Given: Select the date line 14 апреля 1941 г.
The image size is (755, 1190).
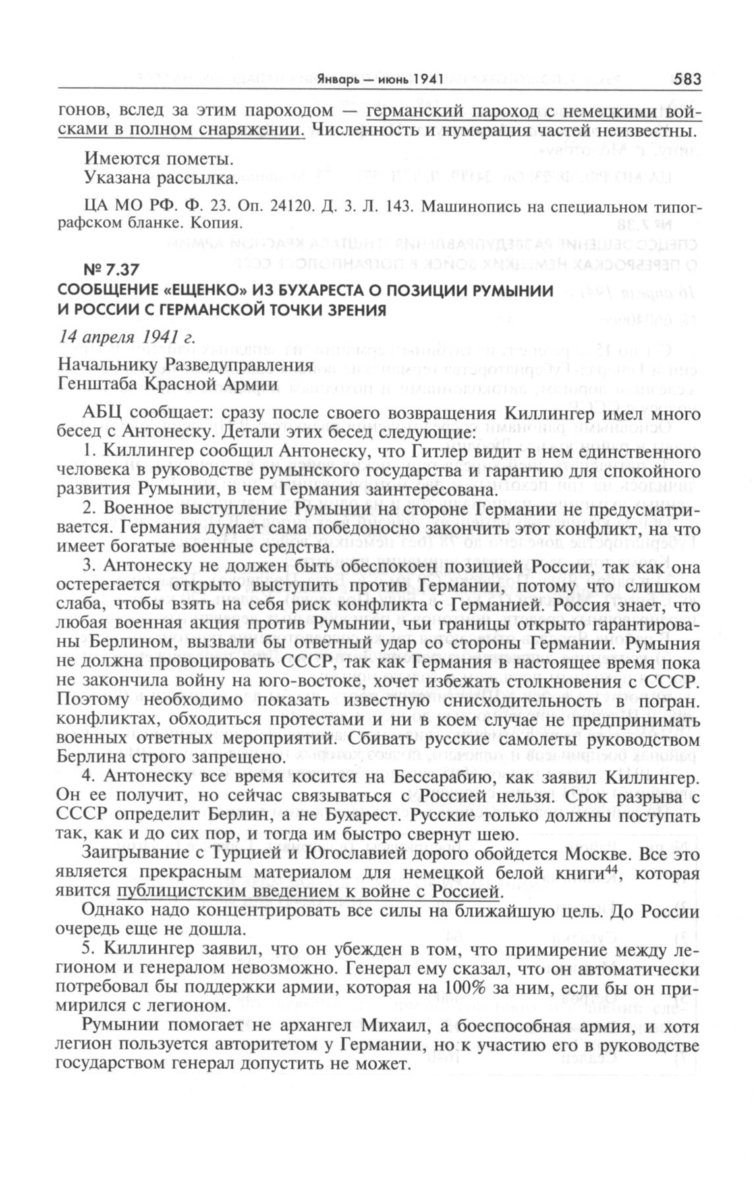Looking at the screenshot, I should coord(127,338).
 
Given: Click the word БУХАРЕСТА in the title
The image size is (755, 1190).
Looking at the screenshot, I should coord(330,291).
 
